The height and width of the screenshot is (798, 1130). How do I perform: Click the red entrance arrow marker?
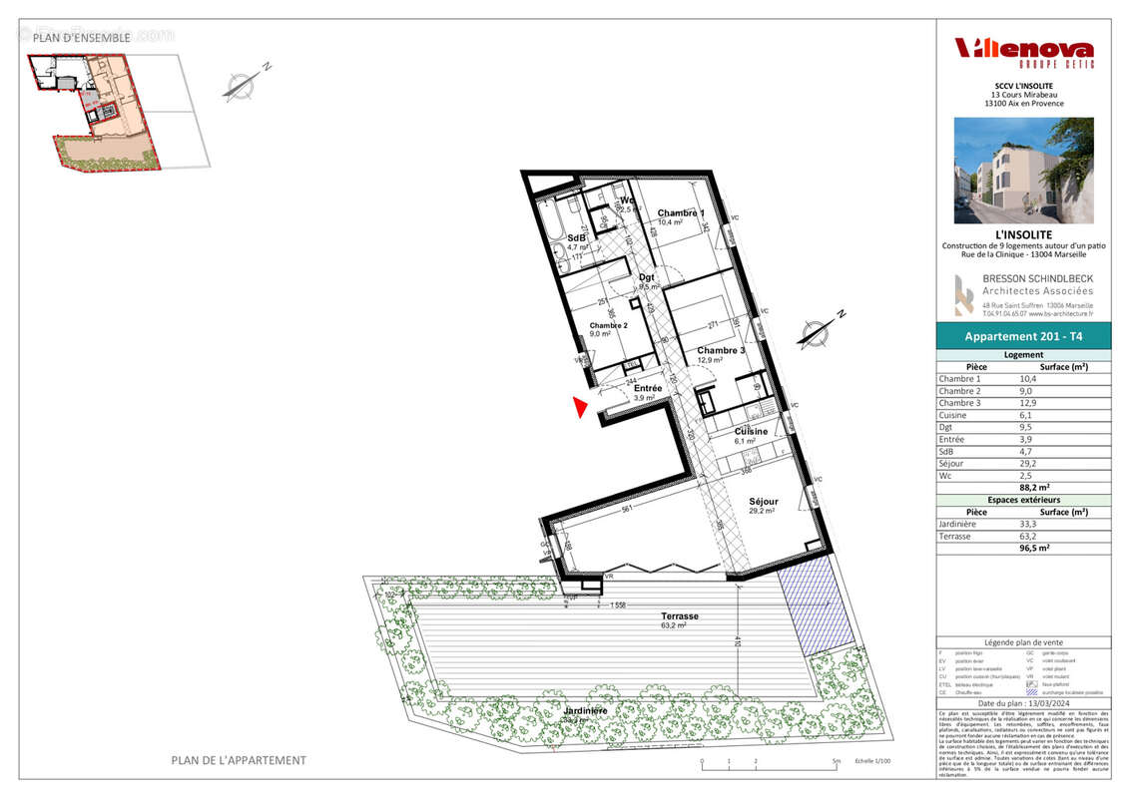[x=579, y=407]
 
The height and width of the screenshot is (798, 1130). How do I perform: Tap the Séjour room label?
[x=764, y=502]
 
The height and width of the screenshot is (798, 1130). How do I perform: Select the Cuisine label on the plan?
[x=752, y=431]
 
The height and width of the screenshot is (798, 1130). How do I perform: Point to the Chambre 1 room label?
[x=681, y=213]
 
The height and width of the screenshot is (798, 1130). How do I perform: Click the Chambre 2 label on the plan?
[x=608, y=326]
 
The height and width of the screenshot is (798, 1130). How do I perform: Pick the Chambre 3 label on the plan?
[x=722, y=350]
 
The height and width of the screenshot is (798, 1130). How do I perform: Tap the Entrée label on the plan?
[x=648, y=388]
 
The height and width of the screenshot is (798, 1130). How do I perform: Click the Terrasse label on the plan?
[x=679, y=616]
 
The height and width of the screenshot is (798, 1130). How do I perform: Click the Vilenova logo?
[x=1023, y=50]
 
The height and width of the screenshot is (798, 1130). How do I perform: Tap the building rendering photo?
[x=1023, y=170]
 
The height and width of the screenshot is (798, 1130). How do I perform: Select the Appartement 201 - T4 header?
[x=1023, y=337]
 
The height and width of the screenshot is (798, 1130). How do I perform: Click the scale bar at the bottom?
[x=769, y=765]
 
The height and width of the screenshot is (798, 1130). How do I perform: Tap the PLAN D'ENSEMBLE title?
[x=81, y=38]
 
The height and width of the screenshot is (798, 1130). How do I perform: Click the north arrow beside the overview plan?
[x=240, y=85]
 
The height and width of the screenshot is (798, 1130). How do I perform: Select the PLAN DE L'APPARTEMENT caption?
[x=239, y=760]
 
